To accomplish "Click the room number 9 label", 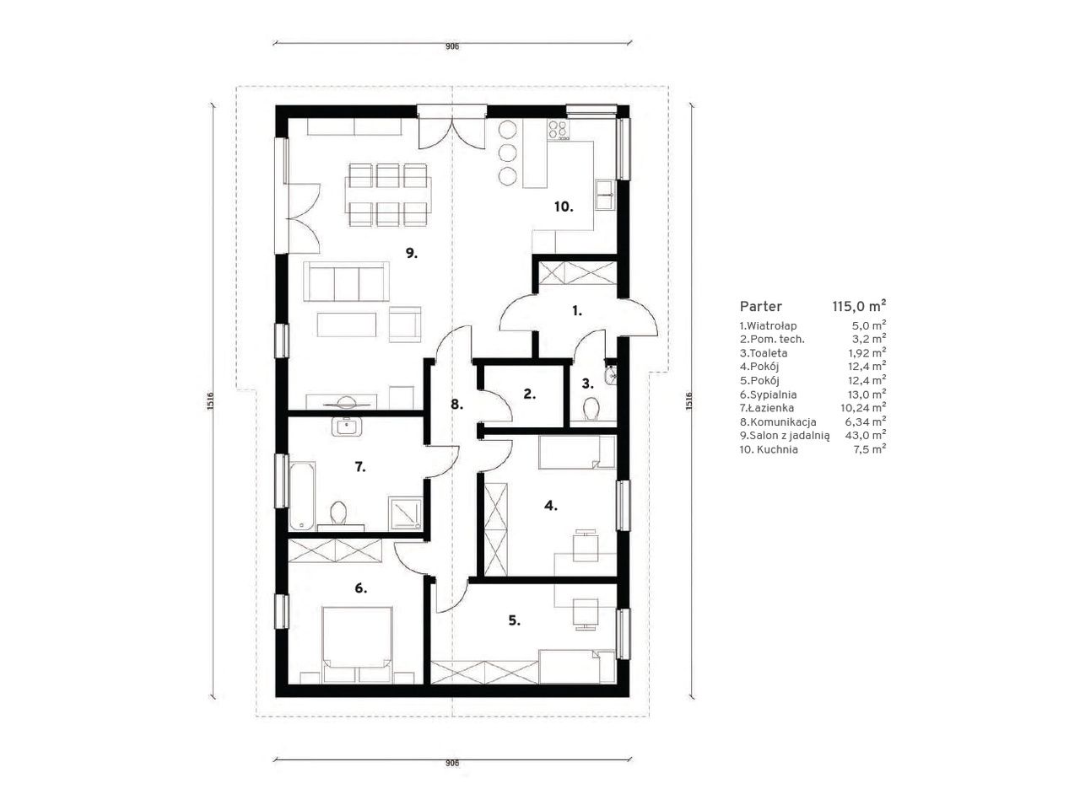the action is pyautogui.click(x=412, y=254).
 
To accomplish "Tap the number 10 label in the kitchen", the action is pyautogui.click(x=564, y=207).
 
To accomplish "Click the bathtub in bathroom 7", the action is pyautogui.click(x=301, y=496).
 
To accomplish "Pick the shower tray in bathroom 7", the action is pyautogui.click(x=406, y=513).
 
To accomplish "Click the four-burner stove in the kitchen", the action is pyautogui.click(x=558, y=130).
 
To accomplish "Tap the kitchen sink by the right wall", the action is pyautogui.click(x=605, y=195).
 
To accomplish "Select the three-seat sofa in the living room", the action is pyautogui.click(x=347, y=282).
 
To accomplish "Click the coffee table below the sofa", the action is pyautogui.click(x=347, y=325).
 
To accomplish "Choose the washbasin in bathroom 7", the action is pyautogui.click(x=347, y=427).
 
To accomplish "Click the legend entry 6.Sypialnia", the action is pyautogui.click(x=768, y=394).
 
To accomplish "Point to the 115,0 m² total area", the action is pyautogui.click(x=859, y=307).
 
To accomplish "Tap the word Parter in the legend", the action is pyautogui.click(x=761, y=307).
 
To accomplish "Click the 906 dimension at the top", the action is pyautogui.click(x=452, y=46).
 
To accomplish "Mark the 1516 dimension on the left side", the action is pyautogui.click(x=210, y=401).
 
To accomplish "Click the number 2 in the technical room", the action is pyautogui.click(x=529, y=394).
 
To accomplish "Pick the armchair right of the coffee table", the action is pyautogui.click(x=405, y=325).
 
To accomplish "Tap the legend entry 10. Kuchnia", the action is pyautogui.click(x=769, y=449).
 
